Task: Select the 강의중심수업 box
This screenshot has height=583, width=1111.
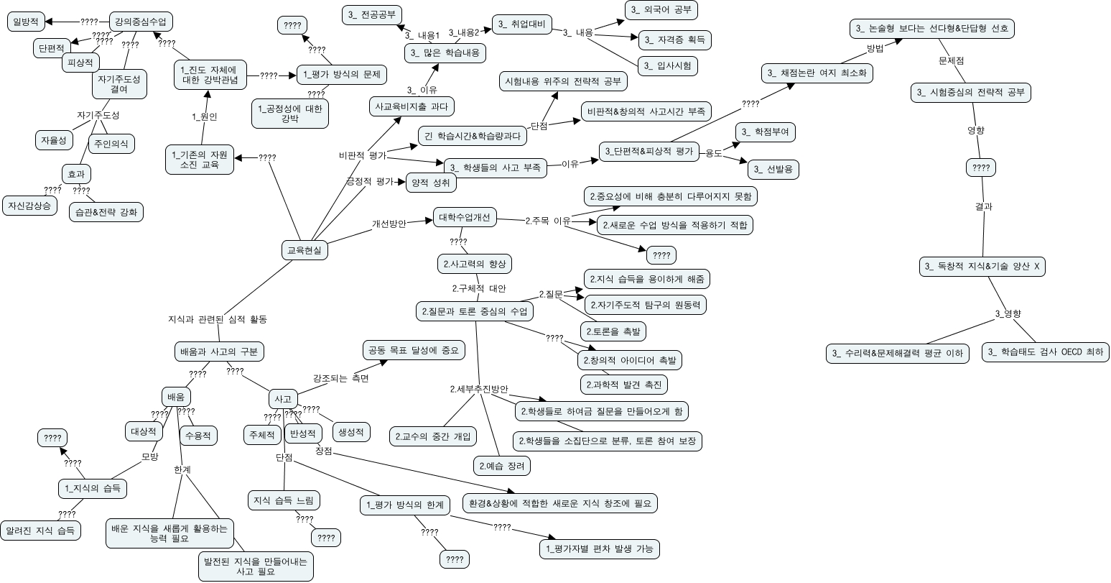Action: click(x=141, y=22)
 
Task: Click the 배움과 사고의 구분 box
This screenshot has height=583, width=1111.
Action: click(x=220, y=352)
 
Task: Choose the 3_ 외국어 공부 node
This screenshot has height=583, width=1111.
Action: click(x=661, y=10)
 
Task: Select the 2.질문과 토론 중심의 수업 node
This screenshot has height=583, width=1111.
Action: click(x=474, y=311)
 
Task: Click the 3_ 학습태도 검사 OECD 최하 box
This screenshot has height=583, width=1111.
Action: click(x=1045, y=352)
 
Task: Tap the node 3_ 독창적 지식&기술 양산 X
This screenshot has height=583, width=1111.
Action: click(x=983, y=267)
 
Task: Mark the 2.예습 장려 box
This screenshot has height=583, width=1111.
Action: click(x=502, y=466)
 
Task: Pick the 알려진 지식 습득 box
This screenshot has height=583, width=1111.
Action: click(x=40, y=531)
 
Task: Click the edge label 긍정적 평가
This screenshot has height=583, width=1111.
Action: click(x=370, y=181)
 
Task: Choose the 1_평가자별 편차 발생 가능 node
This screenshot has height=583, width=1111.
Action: click(x=599, y=549)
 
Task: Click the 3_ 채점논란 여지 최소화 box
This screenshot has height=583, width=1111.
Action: click(x=817, y=73)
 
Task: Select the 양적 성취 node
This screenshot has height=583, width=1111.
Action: click(x=431, y=183)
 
